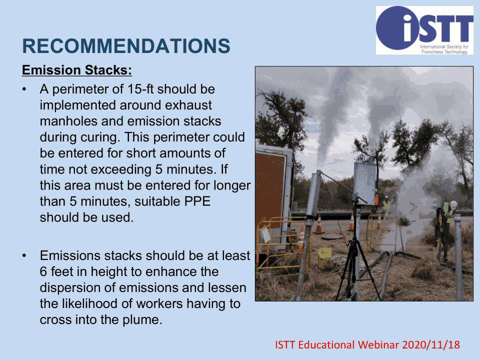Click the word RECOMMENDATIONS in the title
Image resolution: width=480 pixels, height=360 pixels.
coord(126,46)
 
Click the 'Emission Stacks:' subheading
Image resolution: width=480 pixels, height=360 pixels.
coord(77,70)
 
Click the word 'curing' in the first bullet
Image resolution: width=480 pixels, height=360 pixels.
coord(100,137)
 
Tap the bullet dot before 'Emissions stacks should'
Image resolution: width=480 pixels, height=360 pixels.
coord(24,256)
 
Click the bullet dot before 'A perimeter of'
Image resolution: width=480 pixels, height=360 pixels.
coord(24,89)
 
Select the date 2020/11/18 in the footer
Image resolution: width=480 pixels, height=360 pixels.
coord(430,344)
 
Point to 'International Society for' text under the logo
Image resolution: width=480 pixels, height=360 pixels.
coord(444,47)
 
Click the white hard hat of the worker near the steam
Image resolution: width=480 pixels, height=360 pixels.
coord(453,204)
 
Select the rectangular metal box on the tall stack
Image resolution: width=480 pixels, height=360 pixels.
coord(364,183)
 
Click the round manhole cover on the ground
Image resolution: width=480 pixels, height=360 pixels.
coord(331,236)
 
